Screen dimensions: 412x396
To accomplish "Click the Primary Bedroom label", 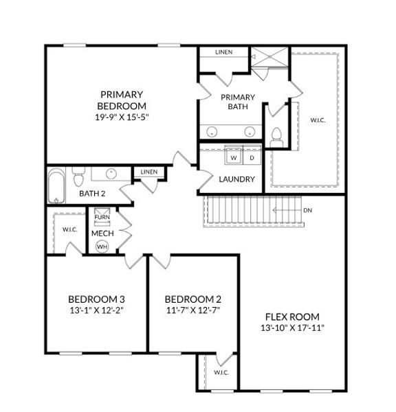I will click(121, 100).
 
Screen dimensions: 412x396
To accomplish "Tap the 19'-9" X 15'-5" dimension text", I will click(122, 117).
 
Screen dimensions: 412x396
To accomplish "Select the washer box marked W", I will click(233, 157).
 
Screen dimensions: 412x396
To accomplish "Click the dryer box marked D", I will click(251, 157).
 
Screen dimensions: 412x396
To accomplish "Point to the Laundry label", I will click(236, 179).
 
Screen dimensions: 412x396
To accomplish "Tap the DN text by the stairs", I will click(307, 209).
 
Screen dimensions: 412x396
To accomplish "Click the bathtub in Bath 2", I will click(56, 186).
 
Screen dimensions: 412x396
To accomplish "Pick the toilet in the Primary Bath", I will click(277, 135).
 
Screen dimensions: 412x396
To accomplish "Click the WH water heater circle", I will click(102, 246).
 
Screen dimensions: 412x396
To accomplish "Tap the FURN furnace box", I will click(101, 218).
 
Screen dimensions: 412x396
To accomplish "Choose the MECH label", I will click(102, 233).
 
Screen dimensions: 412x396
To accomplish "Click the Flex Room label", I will click(292, 317).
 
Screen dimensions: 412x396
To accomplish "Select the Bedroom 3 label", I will click(96, 299).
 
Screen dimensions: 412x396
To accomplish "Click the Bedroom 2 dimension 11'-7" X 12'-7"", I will click(193, 310).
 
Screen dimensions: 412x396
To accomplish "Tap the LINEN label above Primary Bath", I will click(223, 52).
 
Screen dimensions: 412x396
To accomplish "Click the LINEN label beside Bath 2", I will click(148, 172).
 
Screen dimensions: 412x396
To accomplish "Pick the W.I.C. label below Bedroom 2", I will click(221, 373).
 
